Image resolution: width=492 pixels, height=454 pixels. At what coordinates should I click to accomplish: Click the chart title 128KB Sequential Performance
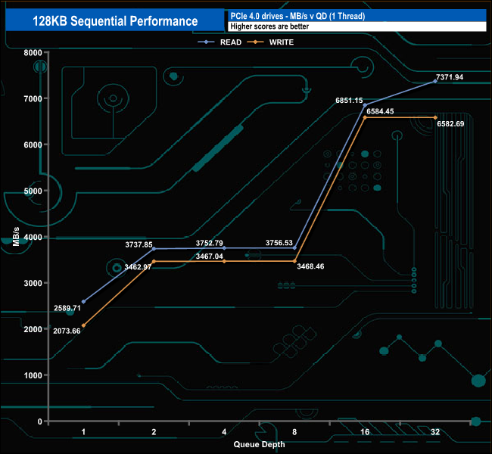coord(115,21)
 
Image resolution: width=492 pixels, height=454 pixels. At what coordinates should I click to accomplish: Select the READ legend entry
coord(226,42)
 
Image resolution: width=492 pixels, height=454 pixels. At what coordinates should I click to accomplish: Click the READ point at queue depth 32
coord(435,81)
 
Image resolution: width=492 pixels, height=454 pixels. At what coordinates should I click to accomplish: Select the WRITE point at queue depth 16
coord(365,117)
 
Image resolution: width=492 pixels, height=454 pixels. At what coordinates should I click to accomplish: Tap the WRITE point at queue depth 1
coord(83,325)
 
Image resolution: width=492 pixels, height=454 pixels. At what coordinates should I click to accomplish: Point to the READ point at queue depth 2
coord(154,249)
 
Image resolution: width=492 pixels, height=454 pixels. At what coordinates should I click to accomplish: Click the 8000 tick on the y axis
coord(33,52)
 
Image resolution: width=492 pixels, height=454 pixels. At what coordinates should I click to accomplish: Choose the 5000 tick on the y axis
coord(33,191)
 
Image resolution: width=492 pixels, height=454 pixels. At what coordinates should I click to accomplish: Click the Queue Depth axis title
coord(260,445)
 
